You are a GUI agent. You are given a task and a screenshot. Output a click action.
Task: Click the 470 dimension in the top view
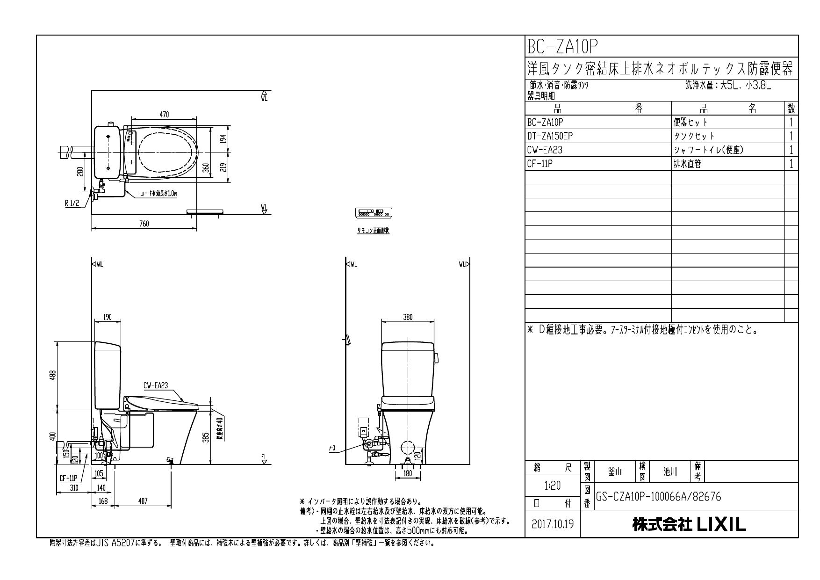164,115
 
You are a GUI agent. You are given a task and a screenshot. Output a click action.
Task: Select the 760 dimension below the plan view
144,224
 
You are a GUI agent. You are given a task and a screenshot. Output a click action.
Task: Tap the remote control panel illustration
374,213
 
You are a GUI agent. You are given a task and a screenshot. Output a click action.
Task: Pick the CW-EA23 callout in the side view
156,386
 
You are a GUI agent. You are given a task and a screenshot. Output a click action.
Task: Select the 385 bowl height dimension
206,438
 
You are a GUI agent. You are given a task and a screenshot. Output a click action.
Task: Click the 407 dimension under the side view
143,501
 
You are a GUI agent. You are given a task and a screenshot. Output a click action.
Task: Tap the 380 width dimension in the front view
408,317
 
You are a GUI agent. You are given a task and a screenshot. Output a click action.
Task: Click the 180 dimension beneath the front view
408,473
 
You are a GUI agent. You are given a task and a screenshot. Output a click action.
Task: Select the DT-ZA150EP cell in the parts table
550,136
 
